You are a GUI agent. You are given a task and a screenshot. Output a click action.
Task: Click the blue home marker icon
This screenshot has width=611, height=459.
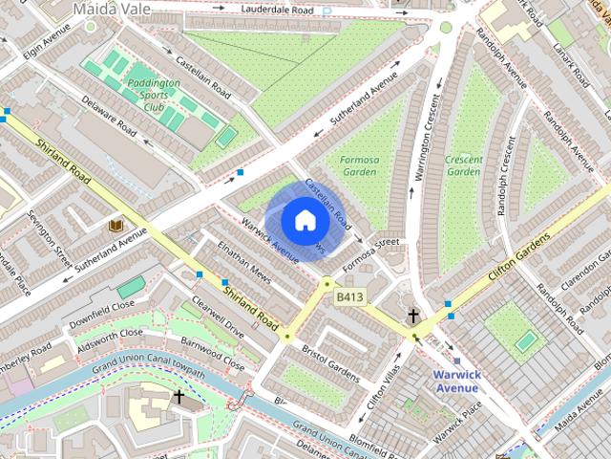coord(305,220)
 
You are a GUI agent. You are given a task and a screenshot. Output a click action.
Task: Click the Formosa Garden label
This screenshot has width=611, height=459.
coord(358,165)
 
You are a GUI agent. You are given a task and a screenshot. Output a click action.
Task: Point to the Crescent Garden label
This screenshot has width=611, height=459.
coord(464,165)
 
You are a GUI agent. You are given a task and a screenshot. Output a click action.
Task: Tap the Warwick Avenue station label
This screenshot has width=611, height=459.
coord(455,381)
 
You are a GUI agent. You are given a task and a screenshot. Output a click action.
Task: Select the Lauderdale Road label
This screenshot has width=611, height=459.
coord(277,10)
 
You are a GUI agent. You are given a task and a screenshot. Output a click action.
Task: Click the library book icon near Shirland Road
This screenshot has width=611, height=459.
coord(116,225)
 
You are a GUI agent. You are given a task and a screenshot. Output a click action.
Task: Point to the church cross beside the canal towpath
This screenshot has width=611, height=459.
coord(179,395)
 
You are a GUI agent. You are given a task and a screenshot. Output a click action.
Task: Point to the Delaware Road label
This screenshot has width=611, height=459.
coord(111,126)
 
